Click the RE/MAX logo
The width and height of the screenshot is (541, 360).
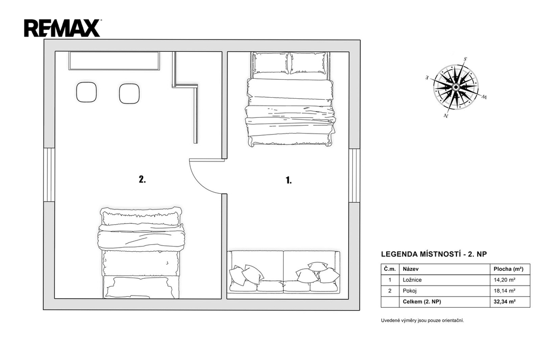(x=62, y=29)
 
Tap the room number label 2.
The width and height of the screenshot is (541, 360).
(x=142, y=179)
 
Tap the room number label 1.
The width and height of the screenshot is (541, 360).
(x=289, y=180)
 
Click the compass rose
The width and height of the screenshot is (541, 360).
(x=455, y=87)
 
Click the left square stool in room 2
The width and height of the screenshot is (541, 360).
(x=86, y=92)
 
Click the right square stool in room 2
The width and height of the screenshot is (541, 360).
(x=129, y=93)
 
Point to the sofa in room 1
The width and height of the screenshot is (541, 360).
(x=283, y=272)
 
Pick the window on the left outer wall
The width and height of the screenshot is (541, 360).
(x=49, y=175)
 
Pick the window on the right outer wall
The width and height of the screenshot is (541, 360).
(x=355, y=175)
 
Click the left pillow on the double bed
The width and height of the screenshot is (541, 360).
(x=270, y=62)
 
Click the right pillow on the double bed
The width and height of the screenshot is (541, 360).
(x=308, y=63)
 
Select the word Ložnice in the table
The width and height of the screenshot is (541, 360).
(x=412, y=280)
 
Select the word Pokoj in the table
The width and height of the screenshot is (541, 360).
(x=409, y=291)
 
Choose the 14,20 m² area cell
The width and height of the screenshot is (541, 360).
(x=505, y=280)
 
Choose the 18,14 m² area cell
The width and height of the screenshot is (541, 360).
(x=505, y=291)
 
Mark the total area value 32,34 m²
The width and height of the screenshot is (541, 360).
(x=505, y=301)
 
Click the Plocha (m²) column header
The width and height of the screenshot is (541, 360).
(x=508, y=269)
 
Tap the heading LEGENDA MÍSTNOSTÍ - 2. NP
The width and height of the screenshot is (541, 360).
(x=434, y=254)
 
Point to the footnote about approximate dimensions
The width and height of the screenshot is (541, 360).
(x=422, y=320)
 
